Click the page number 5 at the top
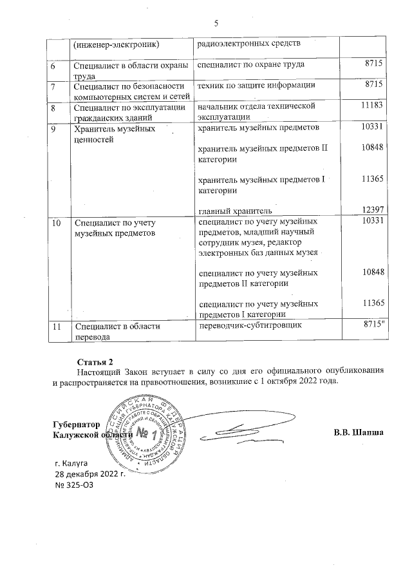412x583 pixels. click(x=216, y=24)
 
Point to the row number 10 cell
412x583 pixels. click(x=57, y=222)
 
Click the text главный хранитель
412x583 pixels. click(x=235, y=211)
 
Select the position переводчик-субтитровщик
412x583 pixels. click(x=250, y=327)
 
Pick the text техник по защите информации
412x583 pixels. click(x=256, y=85)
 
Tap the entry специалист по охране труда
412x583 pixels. click(x=251, y=64)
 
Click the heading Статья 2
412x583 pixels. click(x=95, y=360)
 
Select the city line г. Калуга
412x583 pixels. click(x=76, y=463)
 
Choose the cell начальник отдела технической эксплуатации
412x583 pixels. click(x=256, y=110)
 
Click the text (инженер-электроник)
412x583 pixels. click(x=116, y=44)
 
